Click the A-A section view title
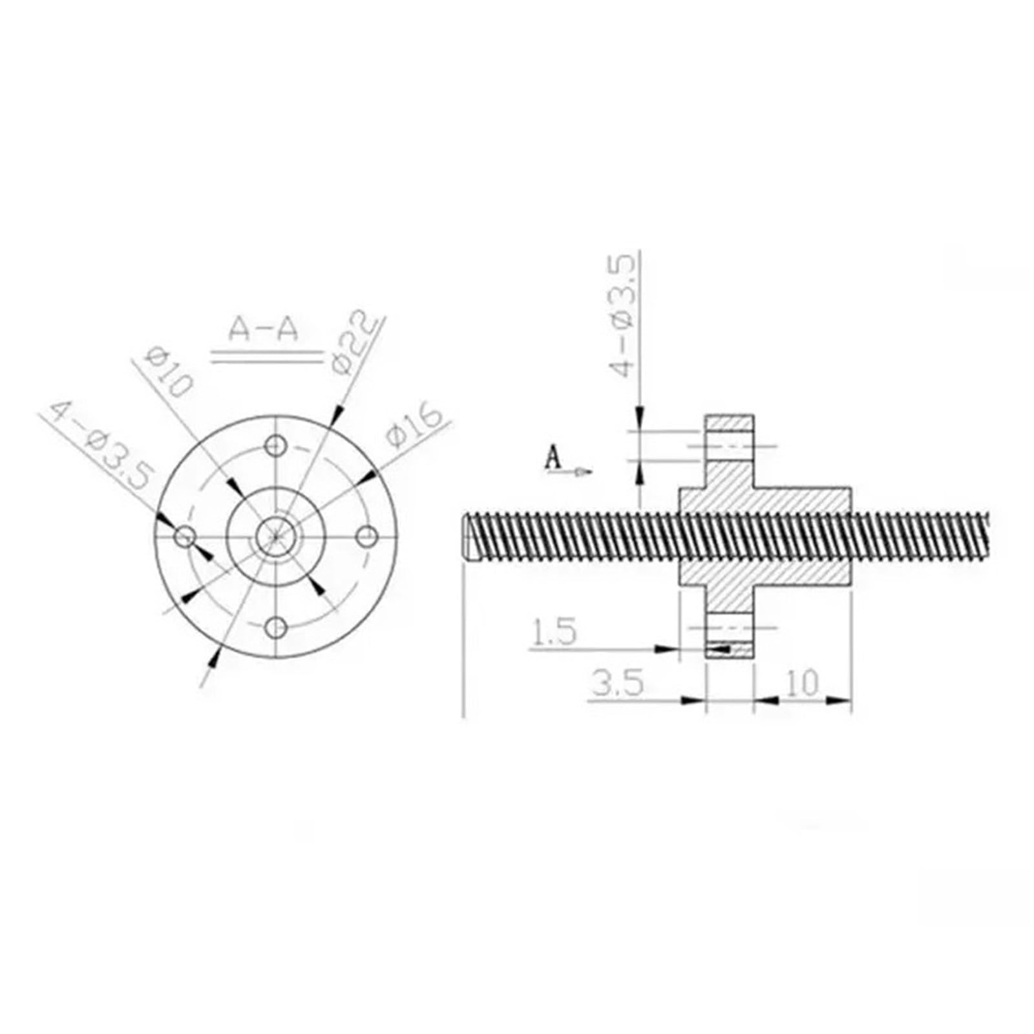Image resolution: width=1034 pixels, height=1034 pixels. tap(264, 330)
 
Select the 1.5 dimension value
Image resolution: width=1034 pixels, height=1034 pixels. tap(554, 633)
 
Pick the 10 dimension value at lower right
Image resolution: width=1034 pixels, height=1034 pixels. tap(803, 682)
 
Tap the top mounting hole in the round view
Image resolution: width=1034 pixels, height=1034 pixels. tap(277, 445)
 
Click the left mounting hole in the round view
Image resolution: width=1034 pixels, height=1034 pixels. tap(186, 536)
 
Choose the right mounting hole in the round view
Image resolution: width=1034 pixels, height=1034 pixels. tap(367, 536)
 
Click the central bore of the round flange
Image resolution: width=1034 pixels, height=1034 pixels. tap(277, 536)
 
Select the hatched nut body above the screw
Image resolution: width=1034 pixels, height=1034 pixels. tap(763, 498)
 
